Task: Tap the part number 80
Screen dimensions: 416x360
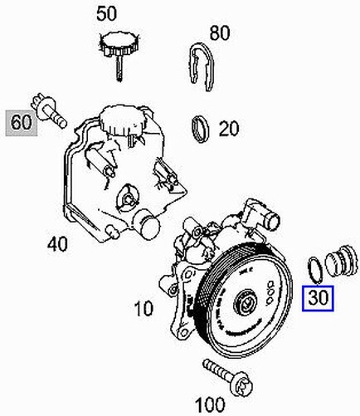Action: pyautogui.click(x=220, y=34)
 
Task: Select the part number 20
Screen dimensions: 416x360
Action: pyautogui.click(x=229, y=129)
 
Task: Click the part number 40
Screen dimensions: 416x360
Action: pyautogui.click(x=57, y=244)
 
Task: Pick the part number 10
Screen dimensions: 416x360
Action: pyautogui.click(x=143, y=310)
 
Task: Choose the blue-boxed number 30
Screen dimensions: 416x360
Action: pyautogui.click(x=318, y=296)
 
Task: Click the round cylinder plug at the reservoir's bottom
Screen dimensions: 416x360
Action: pyautogui.click(x=146, y=223)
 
